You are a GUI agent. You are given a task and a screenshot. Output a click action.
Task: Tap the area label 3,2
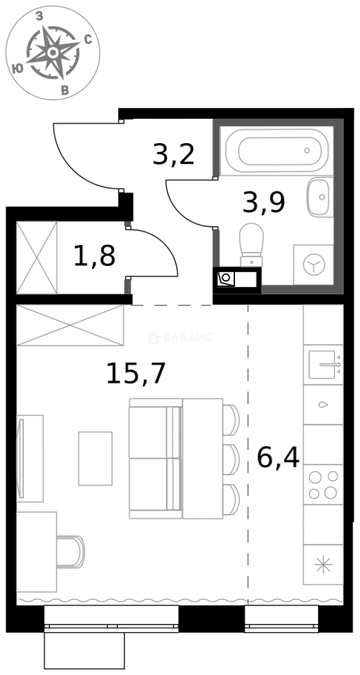[173, 154]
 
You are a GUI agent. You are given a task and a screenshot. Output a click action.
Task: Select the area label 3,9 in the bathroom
[264, 202]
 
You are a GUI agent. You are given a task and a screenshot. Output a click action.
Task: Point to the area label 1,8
[94, 256]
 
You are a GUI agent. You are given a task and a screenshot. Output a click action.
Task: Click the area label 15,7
[136, 374]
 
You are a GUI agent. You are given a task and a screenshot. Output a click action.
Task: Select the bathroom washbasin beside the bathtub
[320, 197]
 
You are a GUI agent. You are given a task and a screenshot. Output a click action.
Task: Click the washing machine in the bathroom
[311, 265]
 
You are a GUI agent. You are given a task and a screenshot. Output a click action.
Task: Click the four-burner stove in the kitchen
[323, 485]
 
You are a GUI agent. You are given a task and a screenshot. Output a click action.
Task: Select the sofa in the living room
[155, 458]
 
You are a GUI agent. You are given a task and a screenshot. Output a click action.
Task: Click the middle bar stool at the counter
[231, 459]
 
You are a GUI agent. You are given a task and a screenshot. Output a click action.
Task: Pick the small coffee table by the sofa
[95, 458]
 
